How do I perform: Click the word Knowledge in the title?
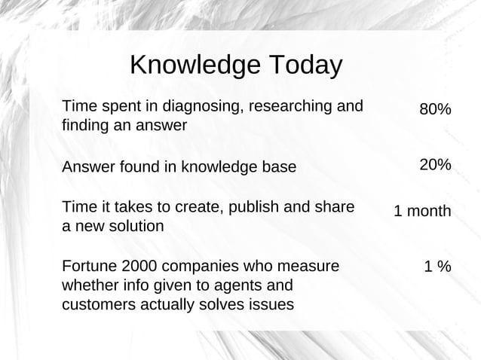click(195, 66)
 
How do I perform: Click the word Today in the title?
click(304, 66)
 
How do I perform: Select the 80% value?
click(435, 110)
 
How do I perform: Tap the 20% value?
click(435, 165)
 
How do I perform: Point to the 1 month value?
click(422, 212)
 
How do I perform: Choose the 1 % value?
click(437, 267)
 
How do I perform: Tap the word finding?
click(84, 125)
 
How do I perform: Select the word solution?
click(127, 226)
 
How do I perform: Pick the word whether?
click(87, 285)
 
